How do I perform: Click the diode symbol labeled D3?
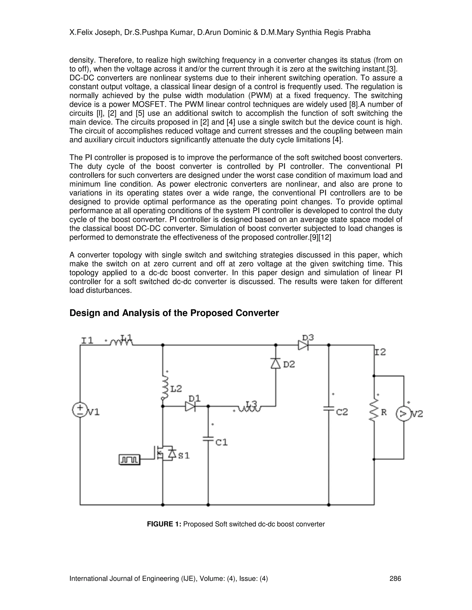pyautogui.click(x=303, y=345)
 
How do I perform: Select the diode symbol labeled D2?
pyautogui.click(x=276, y=363)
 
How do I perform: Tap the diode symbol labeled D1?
pyautogui.click(x=190, y=406)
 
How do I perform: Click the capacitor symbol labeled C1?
pyautogui.click(x=208, y=439)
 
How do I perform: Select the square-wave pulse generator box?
pyautogui.click(x=130, y=459)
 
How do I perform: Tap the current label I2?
pyautogui.click(x=380, y=352)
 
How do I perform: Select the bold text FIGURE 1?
pyautogui.click(x=164, y=524)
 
